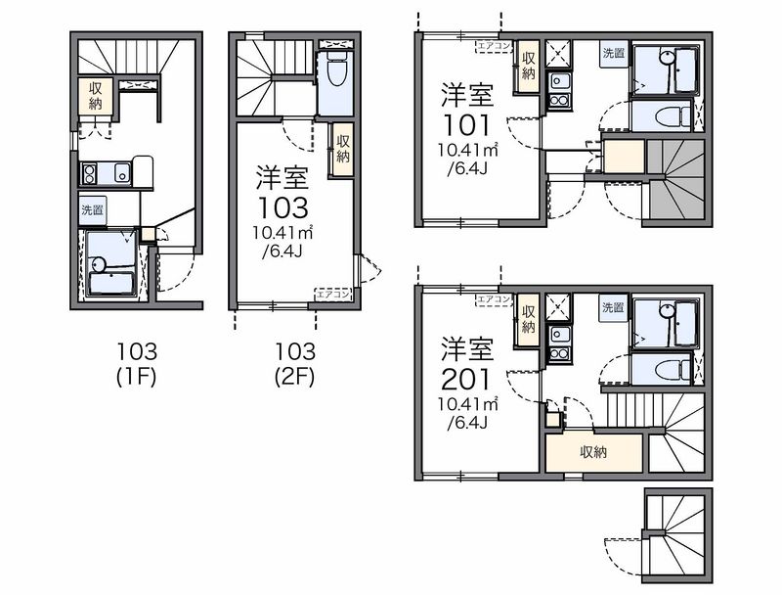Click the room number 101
[466, 125]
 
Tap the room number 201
[466, 380]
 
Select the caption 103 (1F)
[137, 364]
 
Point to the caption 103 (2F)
[295, 364]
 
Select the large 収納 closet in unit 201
[593, 453]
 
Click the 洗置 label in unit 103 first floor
[92, 209]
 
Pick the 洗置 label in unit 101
[614, 53]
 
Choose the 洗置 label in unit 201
[614, 307]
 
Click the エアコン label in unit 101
[494, 46]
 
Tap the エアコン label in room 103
[333, 294]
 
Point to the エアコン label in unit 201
[494, 299]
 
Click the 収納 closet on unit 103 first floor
[95, 96]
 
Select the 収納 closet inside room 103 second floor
[343, 148]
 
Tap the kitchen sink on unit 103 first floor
[122, 173]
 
